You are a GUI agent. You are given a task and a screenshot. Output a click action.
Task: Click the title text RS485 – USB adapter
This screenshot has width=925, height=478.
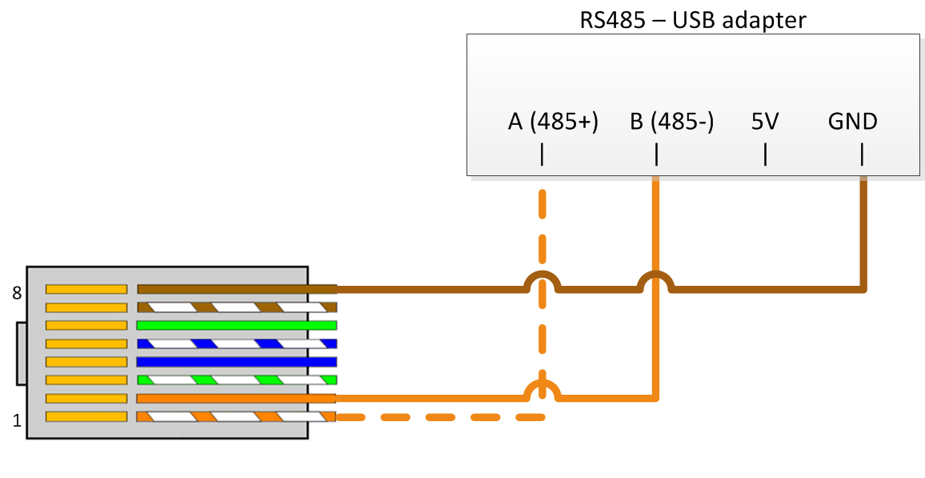tap(692, 19)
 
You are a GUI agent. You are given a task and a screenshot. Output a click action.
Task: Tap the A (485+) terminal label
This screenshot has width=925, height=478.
tap(553, 122)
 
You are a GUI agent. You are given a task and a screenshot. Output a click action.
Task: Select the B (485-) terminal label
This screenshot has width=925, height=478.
tap(671, 122)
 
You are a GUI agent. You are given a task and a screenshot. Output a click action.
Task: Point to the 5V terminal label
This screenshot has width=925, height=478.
tap(765, 122)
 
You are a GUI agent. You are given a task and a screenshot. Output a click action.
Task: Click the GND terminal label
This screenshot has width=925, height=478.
tap(852, 122)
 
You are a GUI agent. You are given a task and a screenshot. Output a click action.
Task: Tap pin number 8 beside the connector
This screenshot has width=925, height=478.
tap(17, 293)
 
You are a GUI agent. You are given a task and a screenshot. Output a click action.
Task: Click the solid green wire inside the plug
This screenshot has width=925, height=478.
tap(236, 325)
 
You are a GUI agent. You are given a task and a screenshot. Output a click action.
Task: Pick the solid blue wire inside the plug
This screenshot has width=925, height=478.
tap(236, 362)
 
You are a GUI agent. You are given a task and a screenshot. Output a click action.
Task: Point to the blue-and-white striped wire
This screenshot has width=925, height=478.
tap(236, 343)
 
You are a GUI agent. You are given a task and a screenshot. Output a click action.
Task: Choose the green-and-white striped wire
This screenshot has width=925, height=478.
tap(236, 380)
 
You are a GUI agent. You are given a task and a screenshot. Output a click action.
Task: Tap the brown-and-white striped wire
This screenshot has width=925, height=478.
tap(236, 307)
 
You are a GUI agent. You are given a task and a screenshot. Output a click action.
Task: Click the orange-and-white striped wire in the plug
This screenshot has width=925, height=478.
tap(236, 416)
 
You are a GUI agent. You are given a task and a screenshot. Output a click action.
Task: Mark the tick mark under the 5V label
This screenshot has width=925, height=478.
tap(765, 154)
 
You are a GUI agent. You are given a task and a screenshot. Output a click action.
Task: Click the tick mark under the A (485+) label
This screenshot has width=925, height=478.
tap(543, 154)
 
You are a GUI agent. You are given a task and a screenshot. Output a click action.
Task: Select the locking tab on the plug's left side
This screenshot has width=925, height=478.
tap(21, 353)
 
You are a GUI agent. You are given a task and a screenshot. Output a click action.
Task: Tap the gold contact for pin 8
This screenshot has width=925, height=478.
tap(86, 289)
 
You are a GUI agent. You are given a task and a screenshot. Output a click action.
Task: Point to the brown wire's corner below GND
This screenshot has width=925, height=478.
tap(863, 288)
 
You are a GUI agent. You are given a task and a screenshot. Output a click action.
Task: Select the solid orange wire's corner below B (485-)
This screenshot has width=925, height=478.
tap(655, 397)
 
